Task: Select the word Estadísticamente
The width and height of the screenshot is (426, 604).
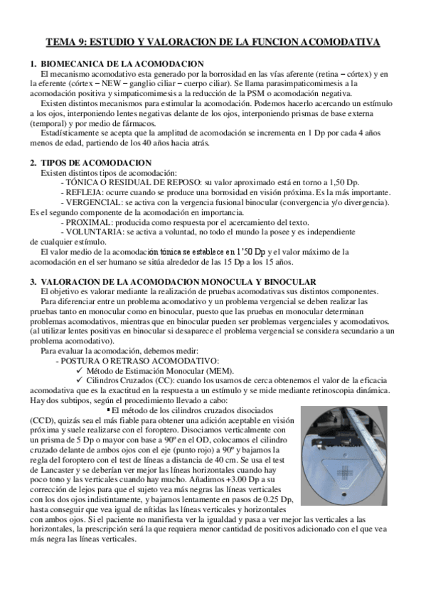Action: tap(73, 132)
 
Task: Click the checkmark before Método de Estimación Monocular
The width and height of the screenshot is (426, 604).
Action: tap(80, 371)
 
